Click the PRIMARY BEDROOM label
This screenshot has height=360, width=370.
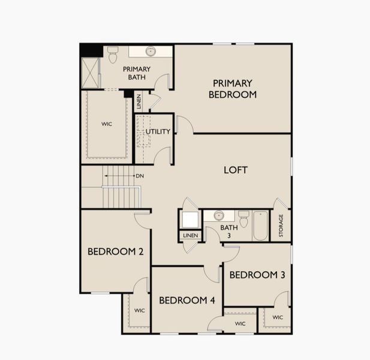(x=233, y=89)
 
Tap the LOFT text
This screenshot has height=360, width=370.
(x=235, y=170)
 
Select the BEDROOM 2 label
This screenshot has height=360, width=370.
(x=115, y=251)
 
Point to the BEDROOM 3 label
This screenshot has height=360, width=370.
(x=257, y=275)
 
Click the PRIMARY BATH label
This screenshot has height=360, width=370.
(x=137, y=73)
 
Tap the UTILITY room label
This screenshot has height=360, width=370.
(x=158, y=131)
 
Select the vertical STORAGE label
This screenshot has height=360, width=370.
(x=281, y=226)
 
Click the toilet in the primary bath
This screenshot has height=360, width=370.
(x=113, y=55)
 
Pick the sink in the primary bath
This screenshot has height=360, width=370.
(x=151, y=52)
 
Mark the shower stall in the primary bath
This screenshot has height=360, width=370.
(x=91, y=73)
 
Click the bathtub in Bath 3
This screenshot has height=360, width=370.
(x=260, y=226)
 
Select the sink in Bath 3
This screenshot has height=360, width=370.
(x=219, y=215)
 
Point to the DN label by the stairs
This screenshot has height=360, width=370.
(x=140, y=176)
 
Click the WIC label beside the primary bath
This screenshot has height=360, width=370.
(x=107, y=124)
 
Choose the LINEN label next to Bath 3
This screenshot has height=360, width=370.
(x=190, y=236)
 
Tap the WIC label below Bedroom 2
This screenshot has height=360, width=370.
(x=139, y=310)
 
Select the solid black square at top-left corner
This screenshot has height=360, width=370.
(x=91, y=50)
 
